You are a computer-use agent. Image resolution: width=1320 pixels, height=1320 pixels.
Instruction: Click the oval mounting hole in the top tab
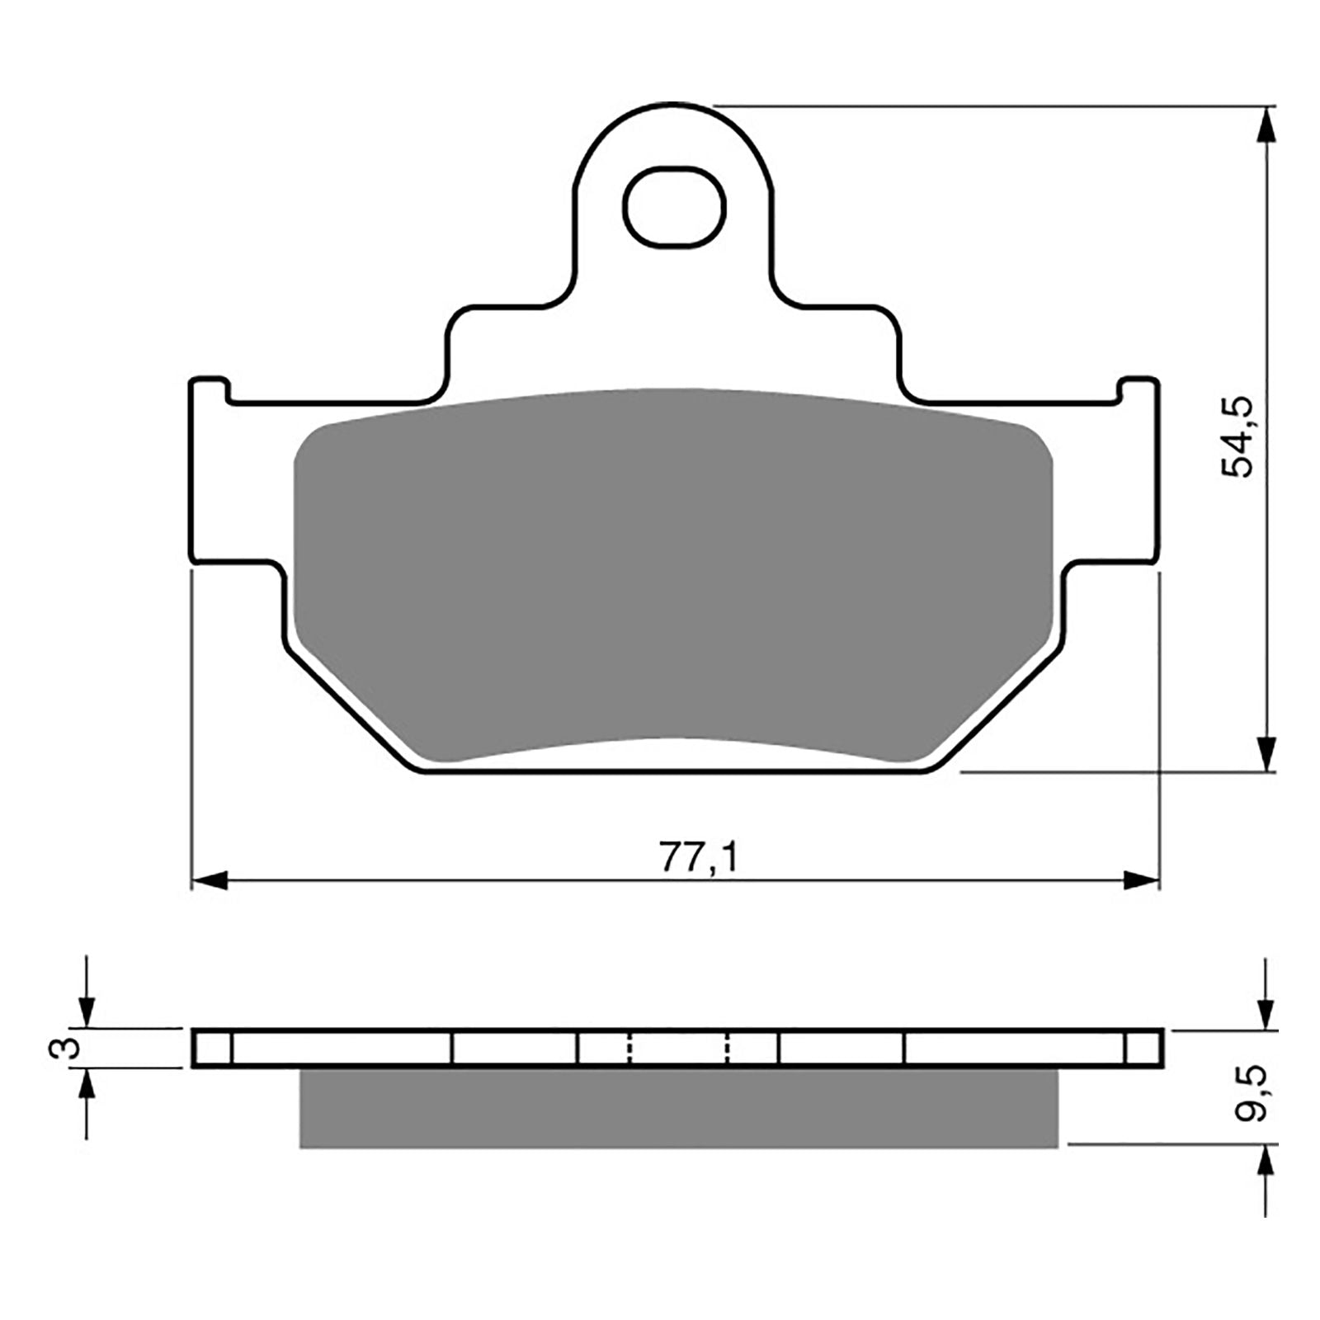pyautogui.click(x=675, y=205)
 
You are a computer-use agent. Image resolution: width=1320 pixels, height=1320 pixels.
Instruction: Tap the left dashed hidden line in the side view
pyautogui.click(x=629, y=1048)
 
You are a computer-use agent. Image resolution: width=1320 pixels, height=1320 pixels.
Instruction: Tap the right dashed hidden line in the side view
pyautogui.click(x=728, y=1048)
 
